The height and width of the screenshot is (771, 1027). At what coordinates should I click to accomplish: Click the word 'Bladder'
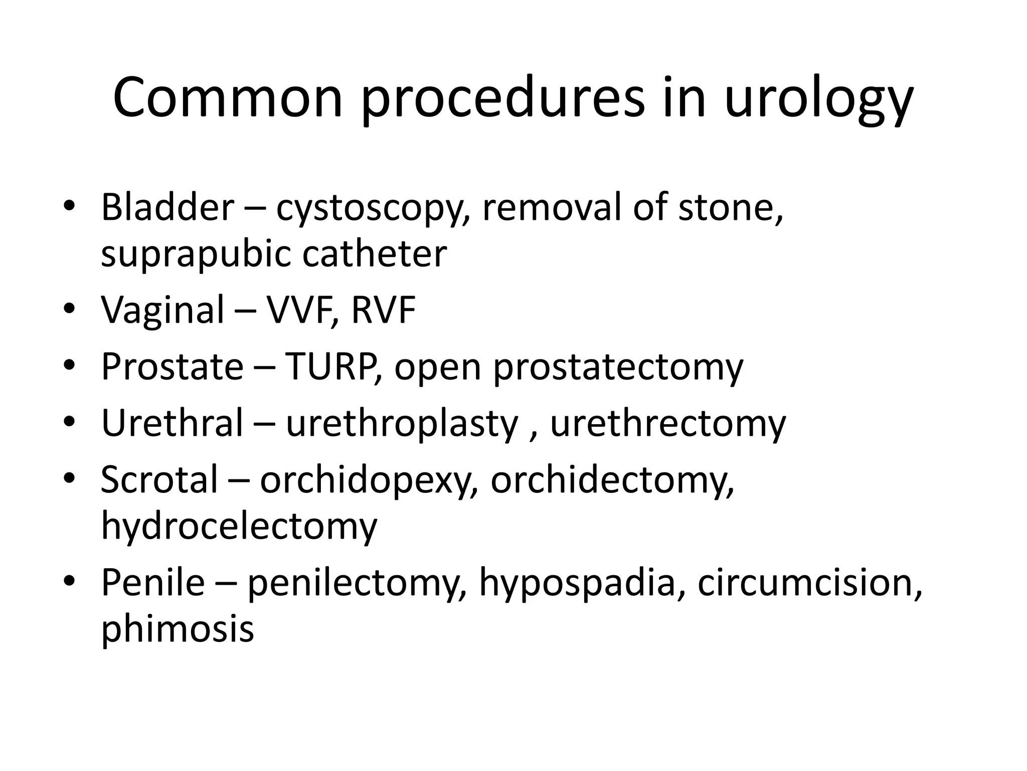[x=167, y=206]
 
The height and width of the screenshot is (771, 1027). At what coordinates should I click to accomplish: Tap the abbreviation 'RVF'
[x=384, y=310]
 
